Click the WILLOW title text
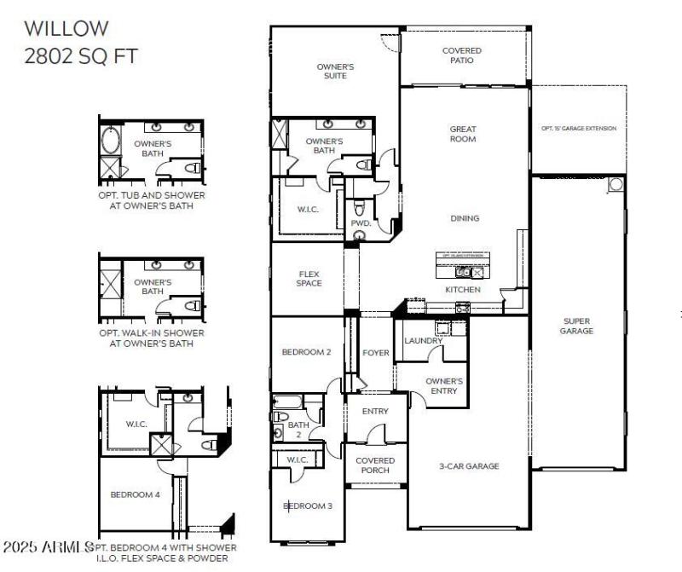tap(66, 28)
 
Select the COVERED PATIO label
tap(461, 55)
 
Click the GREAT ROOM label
tap(463, 134)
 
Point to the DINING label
tap(465, 218)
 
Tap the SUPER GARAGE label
tap(576, 326)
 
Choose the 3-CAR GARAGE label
tap(469, 466)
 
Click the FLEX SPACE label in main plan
tap(309, 279)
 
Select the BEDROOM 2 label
tap(306, 352)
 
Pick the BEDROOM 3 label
tap(307, 506)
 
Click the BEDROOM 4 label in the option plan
tap(134, 494)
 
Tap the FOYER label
tap(375, 353)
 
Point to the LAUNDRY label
tap(423, 341)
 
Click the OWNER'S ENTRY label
tap(443, 386)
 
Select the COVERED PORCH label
tap(375, 465)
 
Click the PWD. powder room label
tap(360, 223)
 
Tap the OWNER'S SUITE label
tap(335, 71)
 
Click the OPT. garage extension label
tap(579, 129)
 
